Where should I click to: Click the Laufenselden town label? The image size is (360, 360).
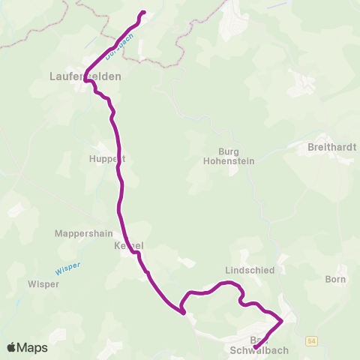click(85, 76)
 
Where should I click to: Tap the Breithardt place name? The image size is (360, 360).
click(331, 148)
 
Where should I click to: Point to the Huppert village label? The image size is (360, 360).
click(108, 159)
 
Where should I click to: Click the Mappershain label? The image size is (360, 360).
click(82, 233)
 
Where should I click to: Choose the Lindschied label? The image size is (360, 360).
click(250, 269)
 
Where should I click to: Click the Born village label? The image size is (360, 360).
click(335, 280)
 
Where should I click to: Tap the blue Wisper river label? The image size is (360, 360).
click(67, 266)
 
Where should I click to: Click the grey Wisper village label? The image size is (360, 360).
click(43, 284)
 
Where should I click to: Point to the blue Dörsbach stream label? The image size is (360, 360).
click(119, 46)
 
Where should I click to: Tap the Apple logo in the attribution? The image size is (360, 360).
click(11, 347)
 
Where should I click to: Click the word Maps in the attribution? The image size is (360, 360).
click(32, 347)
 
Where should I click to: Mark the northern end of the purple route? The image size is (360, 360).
click(143, 12)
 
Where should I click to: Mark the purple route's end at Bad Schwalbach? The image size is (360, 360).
click(255, 348)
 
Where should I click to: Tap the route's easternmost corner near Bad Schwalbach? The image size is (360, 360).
click(282, 321)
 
